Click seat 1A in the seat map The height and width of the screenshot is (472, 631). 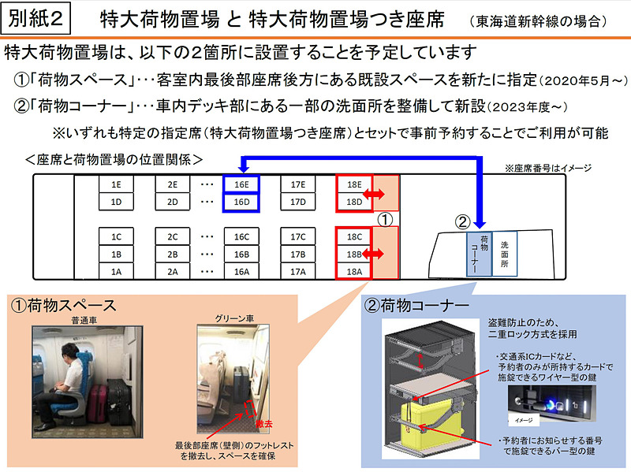pyautogui.click(x=115, y=272)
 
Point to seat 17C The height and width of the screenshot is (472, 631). pyautogui.click(x=297, y=236)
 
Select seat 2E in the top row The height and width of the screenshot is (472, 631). pyautogui.click(x=172, y=184)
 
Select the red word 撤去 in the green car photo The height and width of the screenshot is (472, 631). pyautogui.click(x=263, y=424)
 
